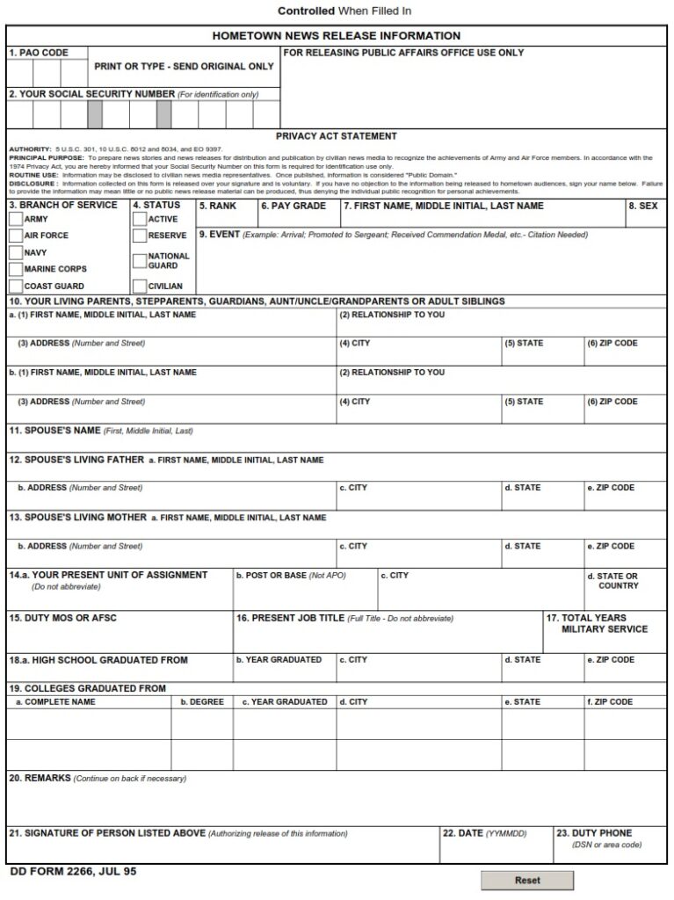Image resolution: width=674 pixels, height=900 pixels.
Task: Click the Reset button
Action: click(x=527, y=880)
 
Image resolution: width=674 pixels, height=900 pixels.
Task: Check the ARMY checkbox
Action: click(x=16, y=219)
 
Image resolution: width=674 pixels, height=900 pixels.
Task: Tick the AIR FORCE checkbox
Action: click(x=16, y=236)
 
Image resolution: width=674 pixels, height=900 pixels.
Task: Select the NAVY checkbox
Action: click(x=16, y=252)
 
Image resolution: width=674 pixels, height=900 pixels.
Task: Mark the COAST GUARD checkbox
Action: click(x=16, y=286)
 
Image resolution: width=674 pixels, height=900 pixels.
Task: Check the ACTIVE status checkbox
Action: click(x=140, y=219)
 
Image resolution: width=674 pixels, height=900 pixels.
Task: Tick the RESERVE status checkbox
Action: click(x=140, y=236)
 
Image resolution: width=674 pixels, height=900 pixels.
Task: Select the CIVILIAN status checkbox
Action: click(x=140, y=286)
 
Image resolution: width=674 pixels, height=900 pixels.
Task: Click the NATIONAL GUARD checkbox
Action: click(x=140, y=260)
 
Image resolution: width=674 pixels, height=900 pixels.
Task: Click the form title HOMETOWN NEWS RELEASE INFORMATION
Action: click(x=337, y=36)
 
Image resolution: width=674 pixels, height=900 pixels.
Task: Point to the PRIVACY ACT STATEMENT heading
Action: click(x=337, y=136)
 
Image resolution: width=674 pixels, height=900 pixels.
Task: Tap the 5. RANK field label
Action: click(x=217, y=206)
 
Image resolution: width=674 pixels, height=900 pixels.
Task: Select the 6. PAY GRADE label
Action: click(x=294, y=206)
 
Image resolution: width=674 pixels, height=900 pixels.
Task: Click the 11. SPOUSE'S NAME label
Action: click(x=54, y=431)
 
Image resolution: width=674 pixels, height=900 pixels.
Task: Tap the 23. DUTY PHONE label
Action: click(x=594, y=832)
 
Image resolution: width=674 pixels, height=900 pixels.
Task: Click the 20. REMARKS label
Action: click(x=40, y=778)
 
